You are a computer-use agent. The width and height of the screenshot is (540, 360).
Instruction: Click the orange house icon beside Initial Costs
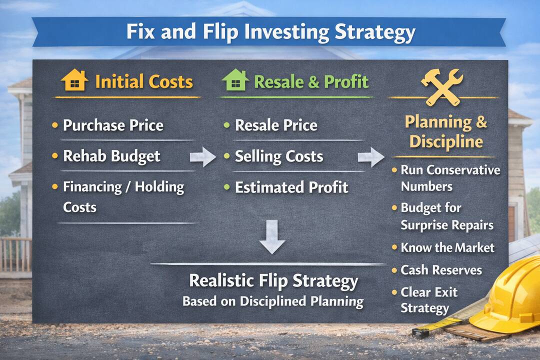(74, 80)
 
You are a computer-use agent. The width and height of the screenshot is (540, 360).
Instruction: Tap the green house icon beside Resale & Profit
(235, 80)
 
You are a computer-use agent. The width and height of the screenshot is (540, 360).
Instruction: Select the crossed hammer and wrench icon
(442, 87)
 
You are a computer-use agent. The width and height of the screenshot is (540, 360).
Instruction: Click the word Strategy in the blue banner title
(375, 32)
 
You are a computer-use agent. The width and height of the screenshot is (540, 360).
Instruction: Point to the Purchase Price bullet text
(113, 125)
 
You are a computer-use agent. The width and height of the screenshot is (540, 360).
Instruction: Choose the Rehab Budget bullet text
(111, 156)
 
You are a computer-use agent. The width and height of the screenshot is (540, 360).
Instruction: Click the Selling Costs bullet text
(279, 156)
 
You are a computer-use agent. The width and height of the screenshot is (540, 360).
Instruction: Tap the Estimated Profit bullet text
(291, 187)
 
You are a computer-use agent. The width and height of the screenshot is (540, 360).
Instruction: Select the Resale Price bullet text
(276, 125)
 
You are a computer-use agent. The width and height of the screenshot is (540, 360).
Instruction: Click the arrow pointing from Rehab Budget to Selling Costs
(203, 157)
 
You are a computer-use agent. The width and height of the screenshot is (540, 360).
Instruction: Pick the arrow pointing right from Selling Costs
(371, 157)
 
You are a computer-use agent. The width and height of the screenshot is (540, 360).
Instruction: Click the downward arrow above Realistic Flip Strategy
(272, 237)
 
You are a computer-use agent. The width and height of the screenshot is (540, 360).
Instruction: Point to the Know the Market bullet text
(447, 247)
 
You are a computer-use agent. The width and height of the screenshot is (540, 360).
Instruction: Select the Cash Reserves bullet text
(441, 270)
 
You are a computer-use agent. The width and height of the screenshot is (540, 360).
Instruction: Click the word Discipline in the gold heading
(446, 141)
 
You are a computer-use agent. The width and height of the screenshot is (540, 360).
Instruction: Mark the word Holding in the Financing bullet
(159, 187)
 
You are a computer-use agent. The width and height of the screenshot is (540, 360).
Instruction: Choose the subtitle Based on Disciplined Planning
(273, 301)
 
